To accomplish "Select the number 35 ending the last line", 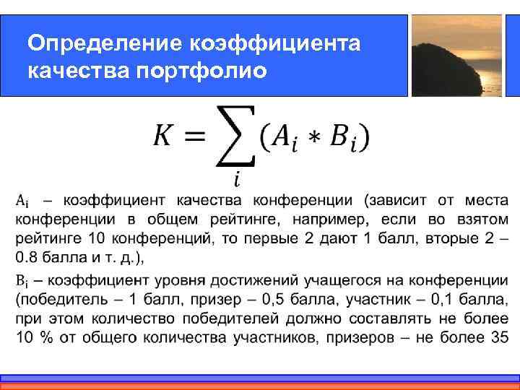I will [499, 337].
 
